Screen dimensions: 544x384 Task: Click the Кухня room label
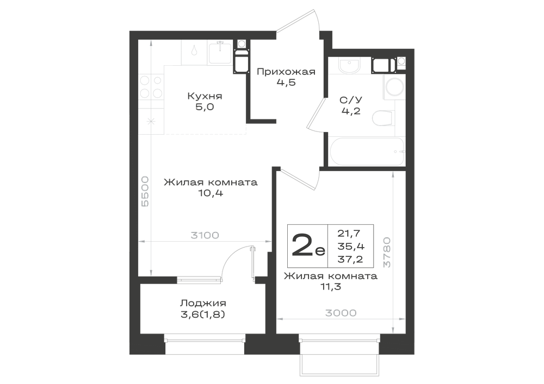click(205, 96)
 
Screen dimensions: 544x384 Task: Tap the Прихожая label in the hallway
click(286, 72)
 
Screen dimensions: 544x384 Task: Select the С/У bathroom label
click(351, 100)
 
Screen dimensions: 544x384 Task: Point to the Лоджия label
click(203, 303)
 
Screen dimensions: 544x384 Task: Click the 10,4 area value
click(211, 193)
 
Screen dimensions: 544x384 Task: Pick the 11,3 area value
click(331, 287)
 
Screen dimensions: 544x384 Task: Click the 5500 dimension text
click(145, 192)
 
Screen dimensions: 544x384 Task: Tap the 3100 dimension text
click(205, 236)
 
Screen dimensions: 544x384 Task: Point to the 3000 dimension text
click(341, 313)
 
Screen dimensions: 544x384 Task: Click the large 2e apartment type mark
click(308, 245)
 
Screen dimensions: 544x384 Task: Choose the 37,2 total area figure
click(350, 259)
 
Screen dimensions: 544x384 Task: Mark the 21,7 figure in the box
click(349, 234)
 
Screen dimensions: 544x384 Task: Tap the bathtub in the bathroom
click(366, 152)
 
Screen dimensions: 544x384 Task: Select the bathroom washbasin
click(349, 66)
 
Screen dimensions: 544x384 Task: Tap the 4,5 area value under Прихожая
click(286, 83)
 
